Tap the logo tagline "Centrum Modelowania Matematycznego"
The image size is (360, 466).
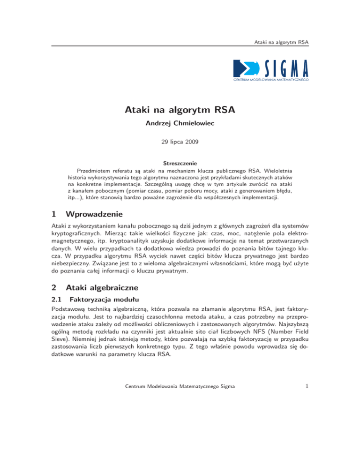271,81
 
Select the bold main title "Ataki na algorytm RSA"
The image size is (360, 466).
180,111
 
